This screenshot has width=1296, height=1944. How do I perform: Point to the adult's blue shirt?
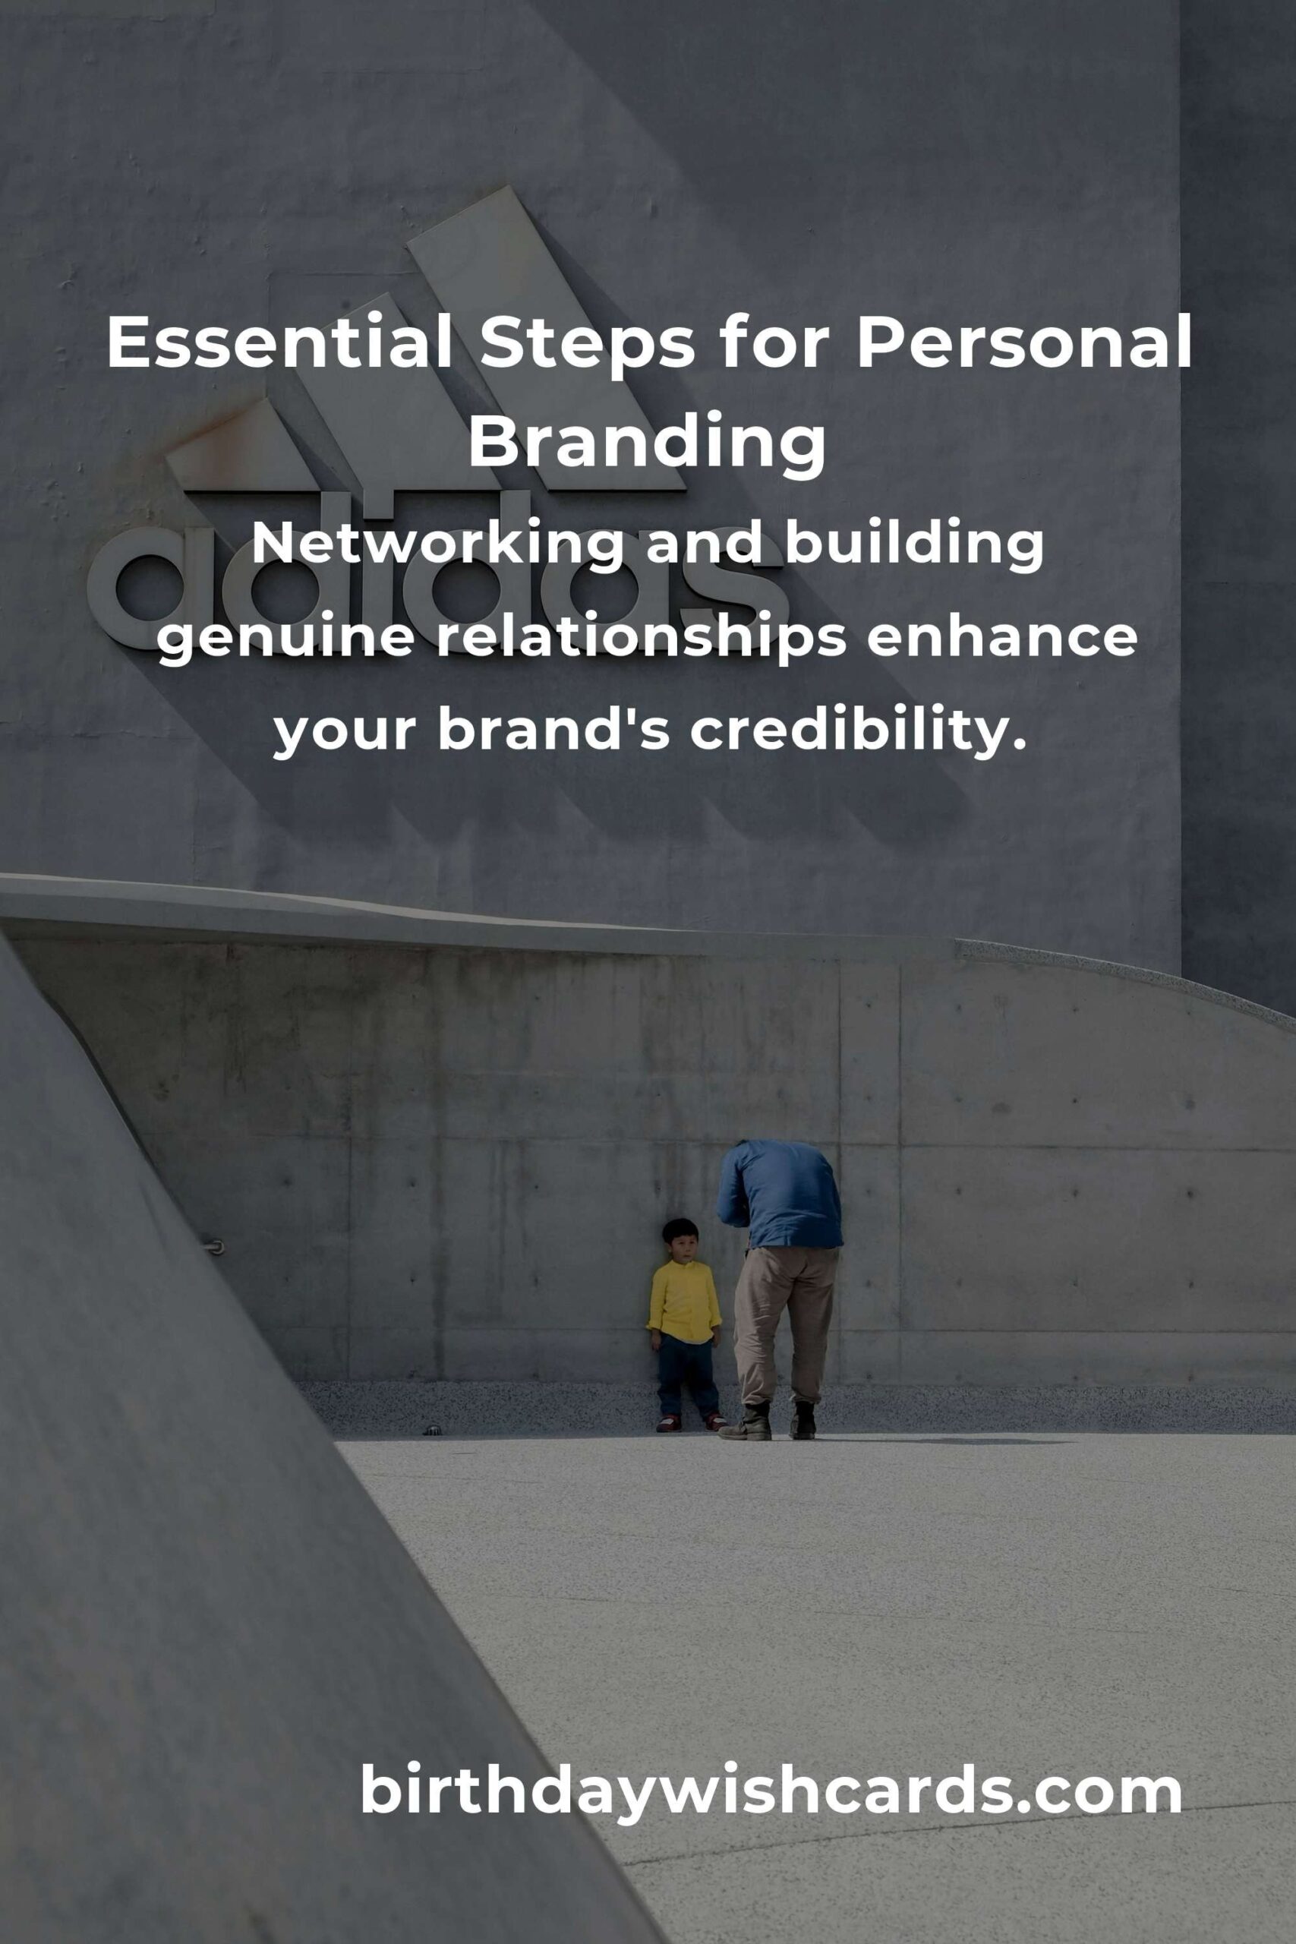(781, 1193)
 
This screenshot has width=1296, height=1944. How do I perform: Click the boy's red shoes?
(690, 1422)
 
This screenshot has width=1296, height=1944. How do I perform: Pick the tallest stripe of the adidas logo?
(546, 339)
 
